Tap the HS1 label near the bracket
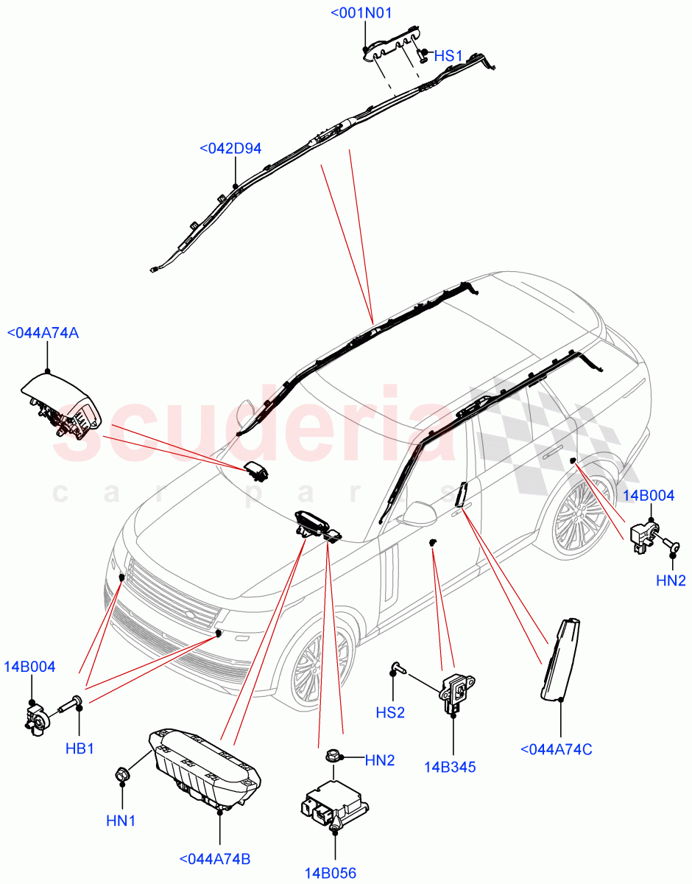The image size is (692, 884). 448,55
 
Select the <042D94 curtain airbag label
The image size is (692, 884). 230,149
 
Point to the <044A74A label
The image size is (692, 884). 43,333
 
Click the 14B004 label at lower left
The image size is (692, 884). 32,667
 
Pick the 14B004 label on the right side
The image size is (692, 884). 649,496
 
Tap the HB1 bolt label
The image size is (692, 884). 80,748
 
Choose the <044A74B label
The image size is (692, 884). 215,859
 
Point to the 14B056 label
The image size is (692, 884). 331,874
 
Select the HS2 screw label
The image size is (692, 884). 391,713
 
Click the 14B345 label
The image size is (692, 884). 450,767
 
